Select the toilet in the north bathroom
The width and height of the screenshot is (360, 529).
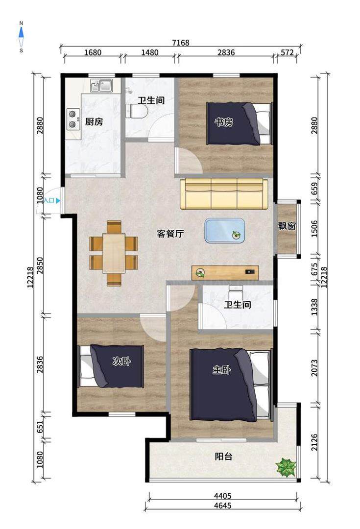(x=137, y=111)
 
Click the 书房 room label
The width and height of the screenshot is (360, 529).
(x=224, y=122)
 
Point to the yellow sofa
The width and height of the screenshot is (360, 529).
(x=224, y=194)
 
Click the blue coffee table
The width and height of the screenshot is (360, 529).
(x=225, y=230)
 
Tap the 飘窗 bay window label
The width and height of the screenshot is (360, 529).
(x=287, y=226)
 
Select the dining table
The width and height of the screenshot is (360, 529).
(x=114, y=253)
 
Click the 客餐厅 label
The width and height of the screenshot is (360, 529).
(x=170, y=234)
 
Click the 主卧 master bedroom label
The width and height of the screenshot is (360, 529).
(x=222, y=370)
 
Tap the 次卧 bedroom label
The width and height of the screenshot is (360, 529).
(x=121, y=361)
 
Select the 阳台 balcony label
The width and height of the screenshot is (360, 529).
(x=224, y=457)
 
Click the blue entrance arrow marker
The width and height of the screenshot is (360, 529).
(x=58, y=201)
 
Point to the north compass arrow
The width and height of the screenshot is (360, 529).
(x=21, y=32)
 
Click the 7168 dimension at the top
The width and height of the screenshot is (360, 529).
(x=181, y=43)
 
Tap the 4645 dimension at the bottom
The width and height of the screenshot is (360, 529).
(x=223, y=505)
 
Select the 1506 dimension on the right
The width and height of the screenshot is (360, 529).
(x=314, y=229)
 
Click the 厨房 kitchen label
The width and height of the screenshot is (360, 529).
(x=94, y=121)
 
